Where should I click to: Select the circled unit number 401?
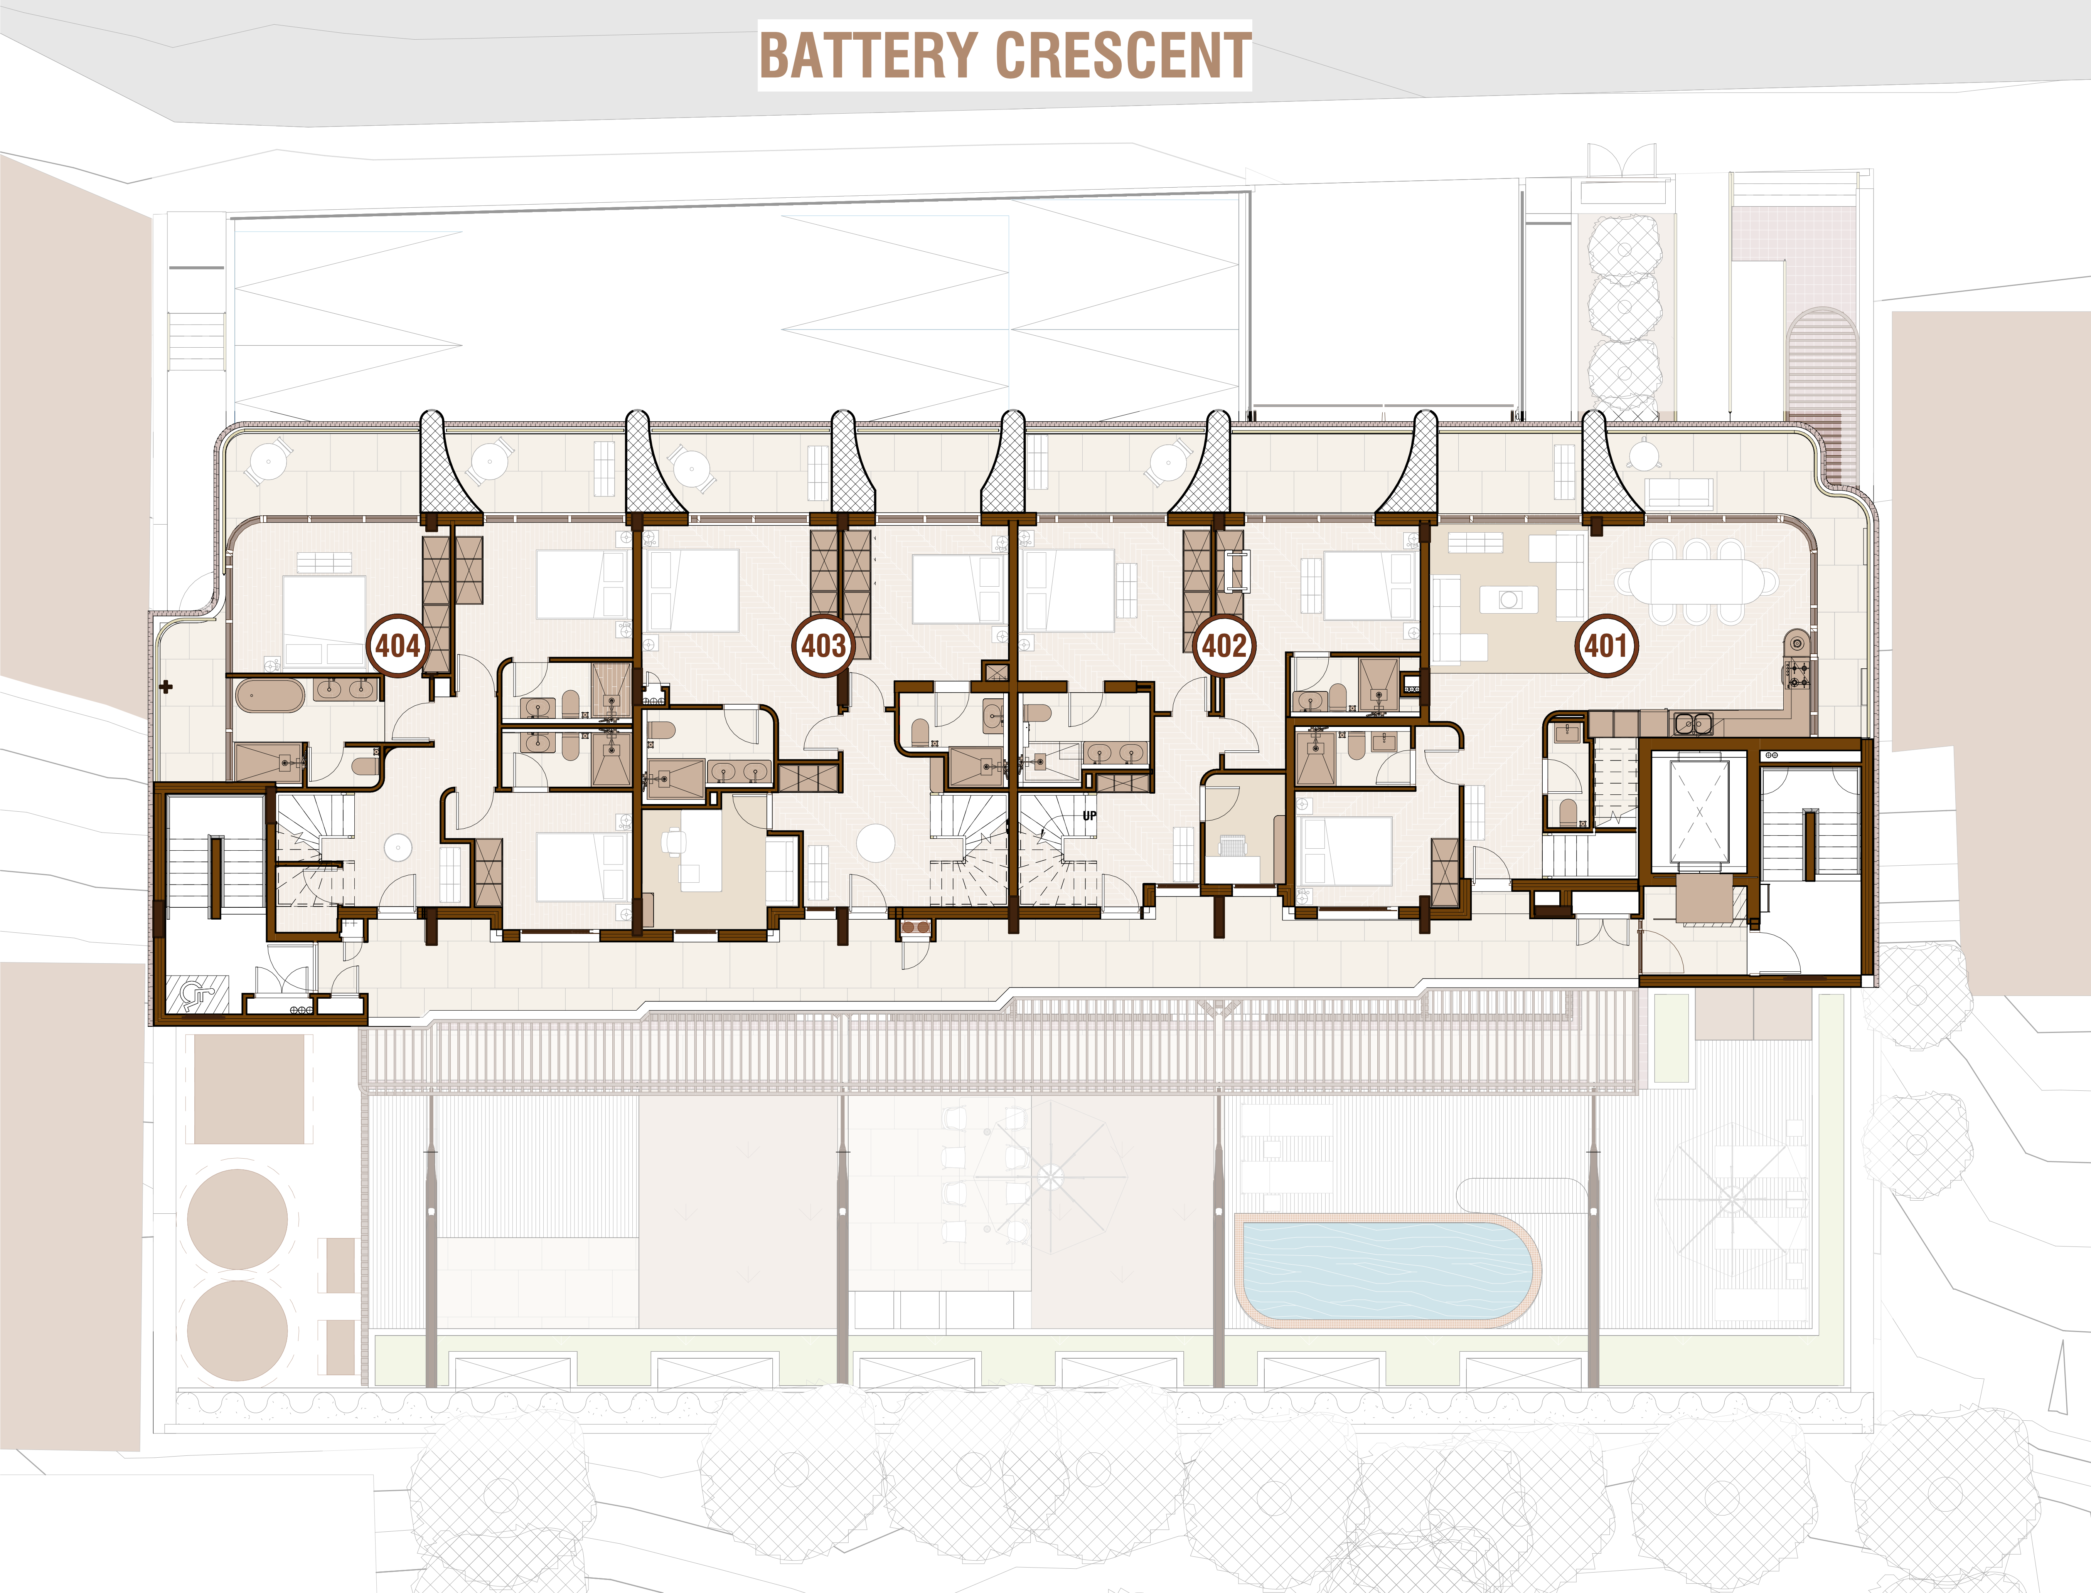point(1606,646)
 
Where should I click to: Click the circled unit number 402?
point(1224,646)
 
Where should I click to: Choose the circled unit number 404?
point(397,646)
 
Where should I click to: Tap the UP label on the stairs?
point(1090,816)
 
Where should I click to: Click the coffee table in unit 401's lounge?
point(1511,599)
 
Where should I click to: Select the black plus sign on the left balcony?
point(166,686)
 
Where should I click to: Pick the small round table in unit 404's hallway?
point(397,848)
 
